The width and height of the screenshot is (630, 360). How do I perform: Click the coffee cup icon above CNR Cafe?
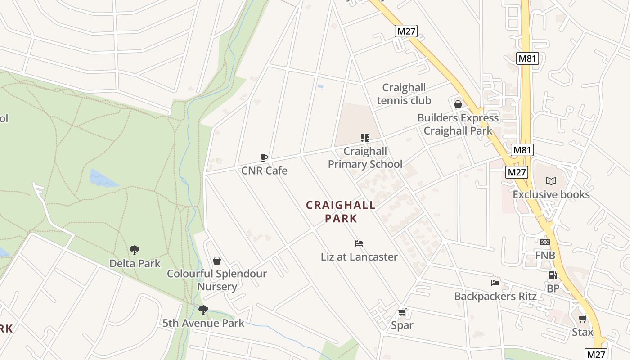[x=264, y=157]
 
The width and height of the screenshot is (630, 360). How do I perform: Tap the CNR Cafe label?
[x=264, y=171]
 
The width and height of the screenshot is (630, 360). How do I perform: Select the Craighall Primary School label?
[x=365, y=157]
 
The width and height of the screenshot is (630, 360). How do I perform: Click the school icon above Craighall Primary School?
[x=365, y=138]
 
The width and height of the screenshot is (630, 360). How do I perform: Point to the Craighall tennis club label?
[x=404, y=94]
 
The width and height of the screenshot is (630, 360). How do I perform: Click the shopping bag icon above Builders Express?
[x=458, y=105]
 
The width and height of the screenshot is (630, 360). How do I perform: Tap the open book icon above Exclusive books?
[x=551, y=181]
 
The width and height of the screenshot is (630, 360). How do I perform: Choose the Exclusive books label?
[x=551, y=194]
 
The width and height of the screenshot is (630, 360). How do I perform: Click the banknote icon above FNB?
[x=545, y=242]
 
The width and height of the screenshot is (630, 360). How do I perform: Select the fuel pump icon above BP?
[x=553, y=275]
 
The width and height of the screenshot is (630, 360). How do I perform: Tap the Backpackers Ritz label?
[x=495, y=296]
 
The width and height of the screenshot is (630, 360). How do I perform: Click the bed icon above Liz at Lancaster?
[x=359, y=243]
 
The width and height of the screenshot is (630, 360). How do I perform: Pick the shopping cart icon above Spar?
[x=402, y=312]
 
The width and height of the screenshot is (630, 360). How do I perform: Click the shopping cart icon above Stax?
[x=583, y=319]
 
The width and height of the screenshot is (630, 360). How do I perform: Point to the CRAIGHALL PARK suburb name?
[x=341, y=212]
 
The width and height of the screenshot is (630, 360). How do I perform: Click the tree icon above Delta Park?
[x=135, y=250]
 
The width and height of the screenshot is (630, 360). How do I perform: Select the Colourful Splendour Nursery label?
[x=217, y=280]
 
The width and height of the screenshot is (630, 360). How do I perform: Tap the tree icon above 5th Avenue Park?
[x=203, y=310]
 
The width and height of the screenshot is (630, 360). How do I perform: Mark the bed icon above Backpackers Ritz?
[x=495, y=283]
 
